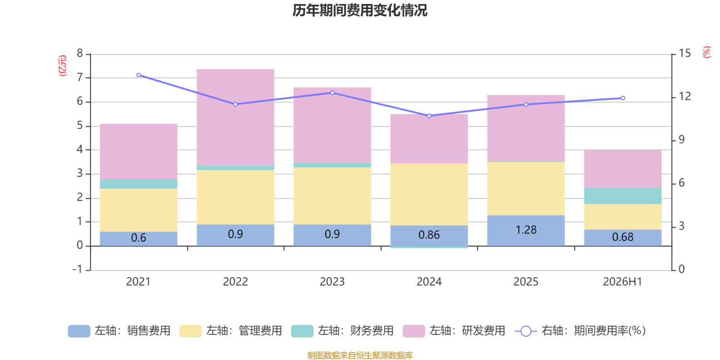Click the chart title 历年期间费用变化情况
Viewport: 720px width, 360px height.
(360, 11)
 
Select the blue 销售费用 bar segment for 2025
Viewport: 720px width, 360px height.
(526, 230)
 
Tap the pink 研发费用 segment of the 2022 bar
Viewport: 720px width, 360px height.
(235, 117)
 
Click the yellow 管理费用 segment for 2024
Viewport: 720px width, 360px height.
(429, 194)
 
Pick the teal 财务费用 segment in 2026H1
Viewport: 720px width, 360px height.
(623, 196)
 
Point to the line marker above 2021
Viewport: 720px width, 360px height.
(139, 75)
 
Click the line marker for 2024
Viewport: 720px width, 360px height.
(429, 116)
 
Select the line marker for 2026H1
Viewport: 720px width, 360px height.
(623, 98)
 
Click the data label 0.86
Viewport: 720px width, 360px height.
(429, 235)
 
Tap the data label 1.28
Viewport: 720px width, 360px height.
(526, 230)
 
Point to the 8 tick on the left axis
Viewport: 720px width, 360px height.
(80, 54)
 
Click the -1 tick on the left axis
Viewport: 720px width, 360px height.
(77, 270)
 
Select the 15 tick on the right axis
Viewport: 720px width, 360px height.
(684, 54)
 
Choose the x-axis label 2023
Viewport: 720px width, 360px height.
(332, 282)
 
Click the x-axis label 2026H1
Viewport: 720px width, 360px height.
(623, 282)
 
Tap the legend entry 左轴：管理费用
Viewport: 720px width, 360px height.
(230, 331)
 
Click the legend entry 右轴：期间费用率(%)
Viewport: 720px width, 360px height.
(580, 331)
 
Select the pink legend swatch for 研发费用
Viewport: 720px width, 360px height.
(414, 331)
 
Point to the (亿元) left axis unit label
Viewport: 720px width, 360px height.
(63, 66)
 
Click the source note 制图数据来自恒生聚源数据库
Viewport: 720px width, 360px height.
(360, 355)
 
